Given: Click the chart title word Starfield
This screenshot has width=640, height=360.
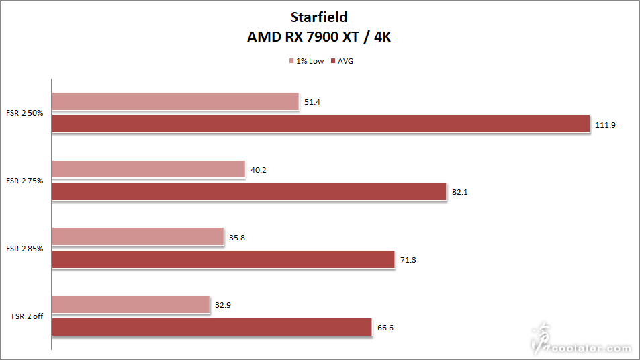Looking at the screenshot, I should pyautogui.click(x=319, y=17).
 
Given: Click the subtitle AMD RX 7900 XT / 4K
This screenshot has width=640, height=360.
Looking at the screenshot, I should pyautogui.click(x=319, y=37).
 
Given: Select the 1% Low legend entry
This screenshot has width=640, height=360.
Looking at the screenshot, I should pyautogui.click(x=307, y=61).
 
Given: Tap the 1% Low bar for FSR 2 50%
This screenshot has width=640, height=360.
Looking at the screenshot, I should pyautogui.click(x=175, y=101).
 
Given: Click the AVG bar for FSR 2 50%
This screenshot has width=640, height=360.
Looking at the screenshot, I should pyautogui.click(x=320, y=124).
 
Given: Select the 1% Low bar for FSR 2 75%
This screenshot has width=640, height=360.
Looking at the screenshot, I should pyautogui.click(x=148, y=169).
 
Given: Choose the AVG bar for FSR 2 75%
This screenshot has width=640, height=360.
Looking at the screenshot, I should pyautogui.click(x=249, y=191).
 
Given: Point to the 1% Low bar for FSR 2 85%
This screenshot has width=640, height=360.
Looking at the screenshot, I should pyautogui.click(x=138, y=236).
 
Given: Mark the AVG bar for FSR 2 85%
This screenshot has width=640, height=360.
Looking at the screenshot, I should pyautogui.click(x=223, y=259).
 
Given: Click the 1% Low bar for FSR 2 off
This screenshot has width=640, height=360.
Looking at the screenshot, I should pyautogui.click(x=131, y=304).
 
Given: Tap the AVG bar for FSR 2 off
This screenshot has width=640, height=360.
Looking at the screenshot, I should pyautogui.click(x=212, y=327).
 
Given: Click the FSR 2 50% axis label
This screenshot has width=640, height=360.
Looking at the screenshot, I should pyautogui.click(x=25, y=113).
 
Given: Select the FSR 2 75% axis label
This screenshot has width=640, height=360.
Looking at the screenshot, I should pyautogui.click(x=25, y=181).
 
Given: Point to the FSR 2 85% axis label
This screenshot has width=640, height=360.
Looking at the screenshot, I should pyautogui.click(x=25, y=249).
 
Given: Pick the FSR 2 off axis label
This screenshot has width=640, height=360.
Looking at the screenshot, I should pyautogui.click(x=28, y=316).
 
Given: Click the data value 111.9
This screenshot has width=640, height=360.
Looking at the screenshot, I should pyautogui.click(x=604, y=124).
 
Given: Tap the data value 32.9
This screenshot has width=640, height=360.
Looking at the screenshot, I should pyautogui.click(x=223, y=305).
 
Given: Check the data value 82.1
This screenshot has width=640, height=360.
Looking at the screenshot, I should pyautogui.click(x=459, y=192).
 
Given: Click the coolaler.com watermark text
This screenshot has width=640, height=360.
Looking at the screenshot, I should pyautogui.click(x=591, y=349).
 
